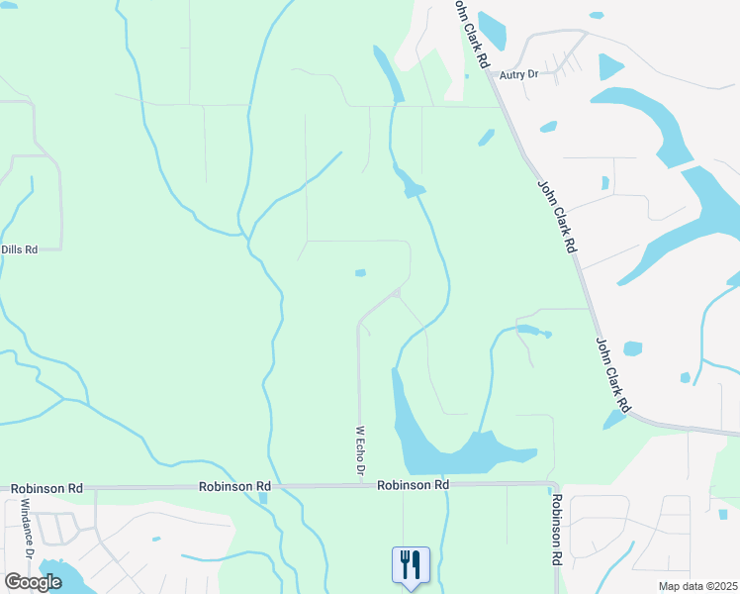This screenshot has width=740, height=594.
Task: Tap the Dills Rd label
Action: click(x=19, y=249)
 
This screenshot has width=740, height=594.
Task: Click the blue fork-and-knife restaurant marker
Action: click(x=411, y=565)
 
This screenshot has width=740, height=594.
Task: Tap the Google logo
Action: click(x=33, y=582)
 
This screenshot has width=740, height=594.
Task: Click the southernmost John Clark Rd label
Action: click(x=613, y=375)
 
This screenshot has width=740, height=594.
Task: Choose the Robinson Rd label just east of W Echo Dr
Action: click(x=413, y=485)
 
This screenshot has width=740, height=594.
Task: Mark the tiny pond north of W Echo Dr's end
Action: click(x=360, y=273)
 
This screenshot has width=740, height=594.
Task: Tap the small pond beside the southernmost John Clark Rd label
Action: click(x=632, y=348)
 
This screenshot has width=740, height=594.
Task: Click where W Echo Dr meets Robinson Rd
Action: click(x=359, y=485)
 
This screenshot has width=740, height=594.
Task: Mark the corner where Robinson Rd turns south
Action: click(x=551, y=485)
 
